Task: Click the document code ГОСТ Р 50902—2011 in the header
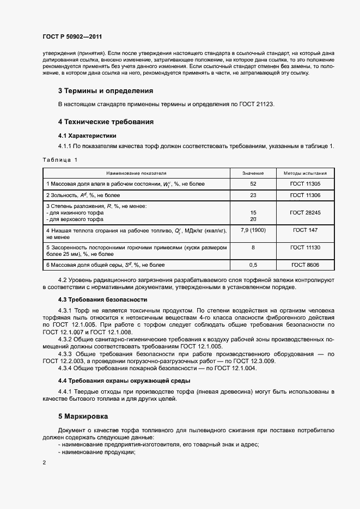point(72,37)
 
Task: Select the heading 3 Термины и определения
point(106,90)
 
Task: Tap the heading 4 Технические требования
point(106,122)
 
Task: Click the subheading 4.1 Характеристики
point(87,136)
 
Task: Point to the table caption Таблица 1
point(60,160)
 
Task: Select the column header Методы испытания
point(305,173)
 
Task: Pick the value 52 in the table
point(253,184)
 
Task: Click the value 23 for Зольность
point(253,195)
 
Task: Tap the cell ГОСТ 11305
point(305,184)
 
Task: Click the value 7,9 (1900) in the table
point(253,230)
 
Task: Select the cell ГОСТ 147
point(305,230)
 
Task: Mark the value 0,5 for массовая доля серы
point(253,265)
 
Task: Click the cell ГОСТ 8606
point(305,265)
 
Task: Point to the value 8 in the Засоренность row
point(253,248)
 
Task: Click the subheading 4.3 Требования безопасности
point(103,299)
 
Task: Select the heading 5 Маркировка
point(83,416)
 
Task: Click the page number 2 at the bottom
point(44,462)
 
